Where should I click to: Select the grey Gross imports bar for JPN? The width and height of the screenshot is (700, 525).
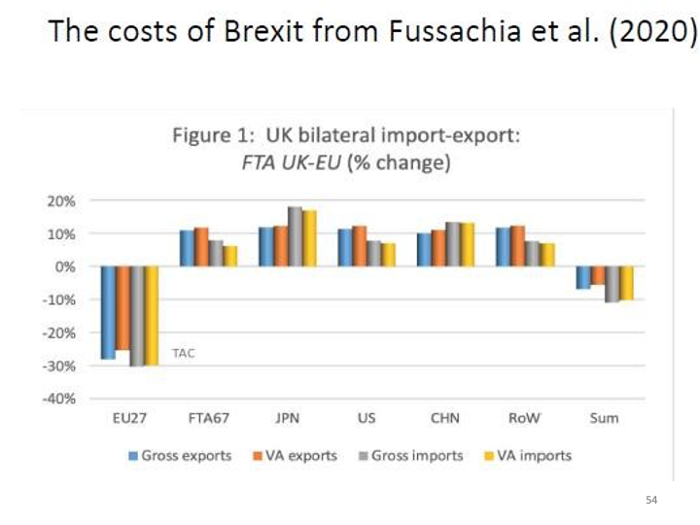[294, 237]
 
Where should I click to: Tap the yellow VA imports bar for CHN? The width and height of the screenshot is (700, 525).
[469, 244]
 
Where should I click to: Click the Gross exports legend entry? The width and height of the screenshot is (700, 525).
[179, 455]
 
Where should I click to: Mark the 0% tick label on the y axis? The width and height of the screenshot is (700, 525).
[79, 266]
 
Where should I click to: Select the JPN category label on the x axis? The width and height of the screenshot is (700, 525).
[286, 419]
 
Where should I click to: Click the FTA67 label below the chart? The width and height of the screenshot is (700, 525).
[206, 419]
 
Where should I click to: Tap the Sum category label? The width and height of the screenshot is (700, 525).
[604, 419]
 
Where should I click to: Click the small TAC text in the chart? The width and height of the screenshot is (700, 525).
[183, 353]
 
